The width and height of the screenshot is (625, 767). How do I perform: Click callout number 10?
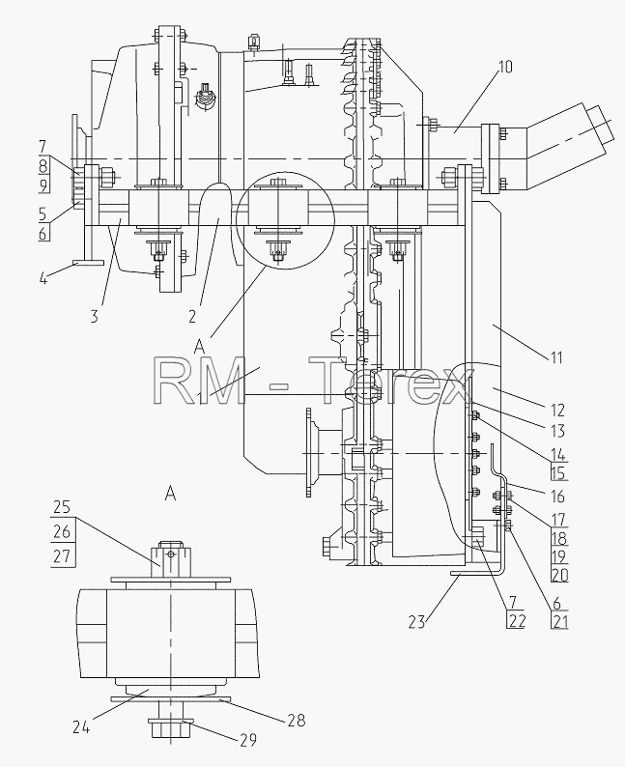(x=504, y=67)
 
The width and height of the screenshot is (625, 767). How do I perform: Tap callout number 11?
(x=556, y=358)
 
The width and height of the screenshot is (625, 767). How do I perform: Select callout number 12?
(x=557, y=410)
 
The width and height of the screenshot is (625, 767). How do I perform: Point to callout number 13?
(x=557, y=431)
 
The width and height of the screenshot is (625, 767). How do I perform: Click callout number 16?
(x=557, y=497)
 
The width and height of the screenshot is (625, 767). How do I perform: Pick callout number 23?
(x=417, y=622)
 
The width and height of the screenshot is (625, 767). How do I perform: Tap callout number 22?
(x=517, y=621)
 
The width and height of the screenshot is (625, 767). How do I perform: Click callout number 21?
(x=559, y=622)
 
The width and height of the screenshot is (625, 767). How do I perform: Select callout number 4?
(x=43, y=280)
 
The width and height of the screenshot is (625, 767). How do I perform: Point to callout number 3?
(x=94, y=317)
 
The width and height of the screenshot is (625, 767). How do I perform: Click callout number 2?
(x=191, y=317)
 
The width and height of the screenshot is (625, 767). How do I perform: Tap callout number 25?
(x=62, y=507)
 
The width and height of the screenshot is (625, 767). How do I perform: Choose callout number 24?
(x=81, y=727)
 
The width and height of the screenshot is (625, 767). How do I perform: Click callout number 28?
(x=297, y=720)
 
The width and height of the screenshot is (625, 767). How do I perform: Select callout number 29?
(x=248, y=740)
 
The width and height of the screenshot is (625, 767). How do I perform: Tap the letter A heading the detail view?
(x=170, y=494)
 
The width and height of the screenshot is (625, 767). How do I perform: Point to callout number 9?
(x=43, y=185)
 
